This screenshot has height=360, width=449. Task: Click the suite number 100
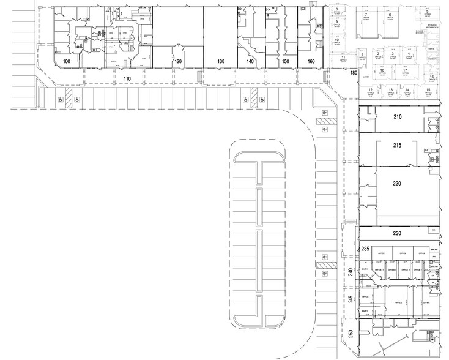point(67,62)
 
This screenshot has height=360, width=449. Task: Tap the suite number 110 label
point(127,79)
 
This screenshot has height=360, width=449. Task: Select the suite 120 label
point(178,62)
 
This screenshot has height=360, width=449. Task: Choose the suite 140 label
point(250,62)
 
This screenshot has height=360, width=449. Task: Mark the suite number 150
point(284,62)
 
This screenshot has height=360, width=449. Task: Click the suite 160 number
point(311,62)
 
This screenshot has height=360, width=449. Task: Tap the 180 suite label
point(354,73)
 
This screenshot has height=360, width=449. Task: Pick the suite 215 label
point(396,146)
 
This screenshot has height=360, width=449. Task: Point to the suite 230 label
point(396,233)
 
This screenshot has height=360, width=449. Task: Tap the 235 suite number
point(365,249)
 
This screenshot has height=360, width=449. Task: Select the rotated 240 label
point(351,273)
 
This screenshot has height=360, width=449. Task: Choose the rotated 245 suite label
point(351,301)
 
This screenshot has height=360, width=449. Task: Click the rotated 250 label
point(351,334)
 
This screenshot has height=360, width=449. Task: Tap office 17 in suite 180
point(405,70)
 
